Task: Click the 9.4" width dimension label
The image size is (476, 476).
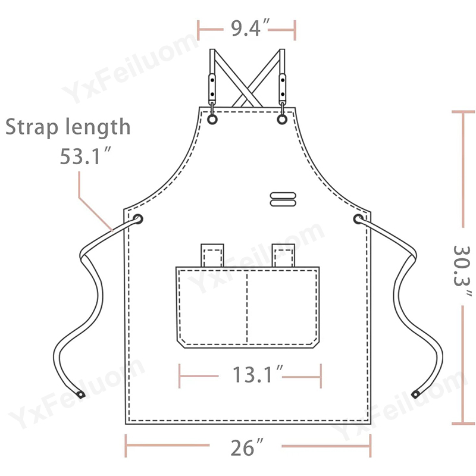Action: pyautogui.click(x=246, y=27)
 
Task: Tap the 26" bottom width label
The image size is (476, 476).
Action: pyautogui.click(x=245, y=446)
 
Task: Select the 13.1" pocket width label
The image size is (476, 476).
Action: pyautogui.click(x=250, y=375)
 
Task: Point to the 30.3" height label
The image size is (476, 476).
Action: pyautogui.click(x=463, y=270)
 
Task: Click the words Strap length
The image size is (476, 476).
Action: pyautogui.click(x=68, y=126)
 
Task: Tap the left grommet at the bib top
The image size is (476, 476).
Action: pyautogui.click(x=212, y=120)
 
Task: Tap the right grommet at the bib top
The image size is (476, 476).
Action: pyautogui.click(x=282, y=120)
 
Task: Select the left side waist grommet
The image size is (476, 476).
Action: pyautogui.click(x=137, y=220)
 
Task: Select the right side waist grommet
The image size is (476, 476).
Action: pyautogui.click(x=359, y=220)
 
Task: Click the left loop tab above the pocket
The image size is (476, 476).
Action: pyautogui.click(x=212, y=255)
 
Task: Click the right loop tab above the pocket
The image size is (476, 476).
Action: pyautogui.click(x=283, y=255)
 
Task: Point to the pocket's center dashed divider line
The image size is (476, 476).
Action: pyautogui.click(x=246, y=306)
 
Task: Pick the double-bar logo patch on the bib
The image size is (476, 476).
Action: pyautogui.click(x=282, y=199)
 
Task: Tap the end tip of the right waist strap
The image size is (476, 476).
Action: pyautogui.click(x=415, y=394)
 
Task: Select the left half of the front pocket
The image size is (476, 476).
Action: pyautogui.click(x=211, y=306)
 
